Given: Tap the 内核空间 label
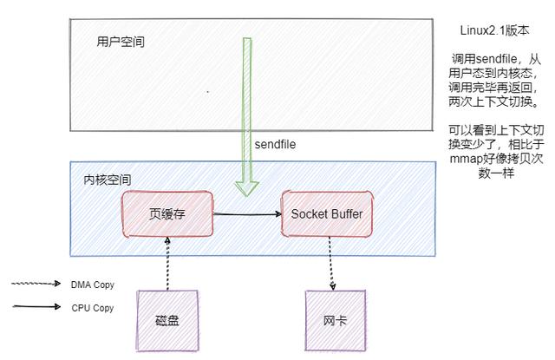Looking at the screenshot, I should (x=107, y=180).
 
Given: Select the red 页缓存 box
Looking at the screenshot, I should (x=167, y=213).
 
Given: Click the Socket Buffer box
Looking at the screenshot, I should (x=327, y=213).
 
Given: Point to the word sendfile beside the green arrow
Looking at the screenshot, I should (x=275, y=143).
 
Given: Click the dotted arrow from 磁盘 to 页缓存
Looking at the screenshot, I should (x=168, y=264).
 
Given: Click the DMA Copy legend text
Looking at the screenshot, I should (x=92, y=284).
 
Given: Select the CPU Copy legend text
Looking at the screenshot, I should (x=92, y=307).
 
